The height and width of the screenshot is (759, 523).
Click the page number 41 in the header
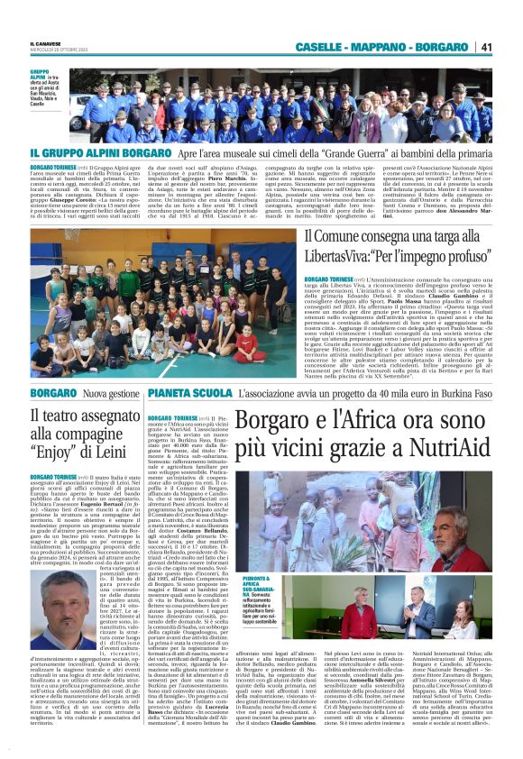[486, 46]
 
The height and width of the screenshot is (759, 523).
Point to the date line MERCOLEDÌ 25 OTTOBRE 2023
[58, 50]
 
